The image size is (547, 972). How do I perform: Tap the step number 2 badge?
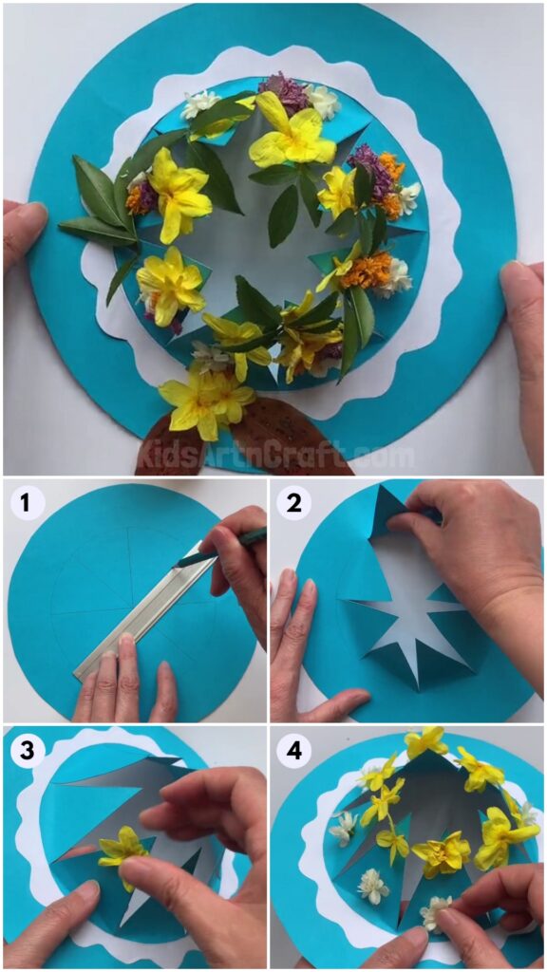(293, 503)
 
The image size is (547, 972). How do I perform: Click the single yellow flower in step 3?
(123, 848)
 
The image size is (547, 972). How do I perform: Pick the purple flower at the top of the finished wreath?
(283, 93)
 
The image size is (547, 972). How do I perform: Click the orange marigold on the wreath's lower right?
(366, 270)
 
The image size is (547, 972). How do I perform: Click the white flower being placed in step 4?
(436, 910)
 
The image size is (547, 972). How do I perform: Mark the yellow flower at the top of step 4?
(424, 740)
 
